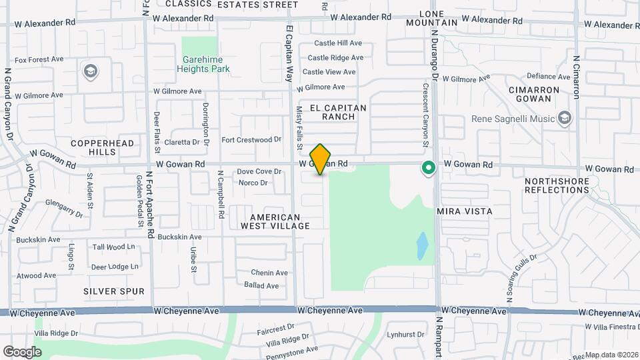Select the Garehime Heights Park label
[x=206, y=64]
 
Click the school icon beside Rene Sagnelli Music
[x=565, y=119]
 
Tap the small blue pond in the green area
[x=421, y=246]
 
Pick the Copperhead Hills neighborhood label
[x=103, y=147]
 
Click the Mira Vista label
[x=465, y=211]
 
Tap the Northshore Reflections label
[x=557, y=185]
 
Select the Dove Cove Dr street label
[x=259, y=172]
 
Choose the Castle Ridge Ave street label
[x=335, y=58]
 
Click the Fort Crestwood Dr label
[x=247, y=140]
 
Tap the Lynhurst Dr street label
[x=405, y=335]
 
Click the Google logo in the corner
[x=21, y=352]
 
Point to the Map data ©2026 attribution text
[x=611, y=355]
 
